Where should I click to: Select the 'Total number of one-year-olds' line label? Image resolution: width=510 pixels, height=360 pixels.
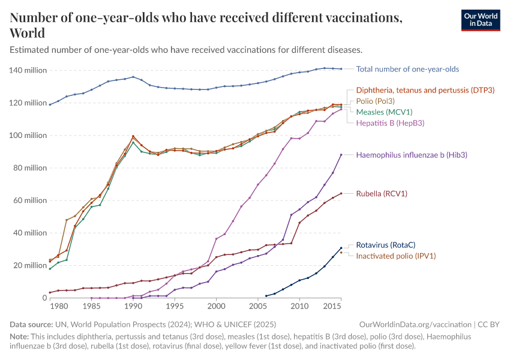tap(407, 69)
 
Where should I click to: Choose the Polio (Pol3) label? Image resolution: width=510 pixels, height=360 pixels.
tap(376, 101)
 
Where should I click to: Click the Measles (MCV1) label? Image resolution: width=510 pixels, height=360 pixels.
tap(384, 112)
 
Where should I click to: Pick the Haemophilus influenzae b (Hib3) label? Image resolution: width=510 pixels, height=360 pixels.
tap(412, 155)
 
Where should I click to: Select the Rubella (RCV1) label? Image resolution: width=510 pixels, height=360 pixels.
tap(382, 194)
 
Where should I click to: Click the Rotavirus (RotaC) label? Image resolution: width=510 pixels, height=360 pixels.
tap(386, 245)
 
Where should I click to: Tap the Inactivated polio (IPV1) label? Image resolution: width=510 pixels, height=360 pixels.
tap(395, 256)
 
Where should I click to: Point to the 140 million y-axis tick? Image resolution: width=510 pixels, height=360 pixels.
tap(28, 71)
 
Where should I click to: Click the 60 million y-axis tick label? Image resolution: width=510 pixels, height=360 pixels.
tap(30, 200)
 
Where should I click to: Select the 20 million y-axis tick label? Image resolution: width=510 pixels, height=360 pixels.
tap(30, 266)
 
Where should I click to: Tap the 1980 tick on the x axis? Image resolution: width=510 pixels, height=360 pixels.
tap(58, 307)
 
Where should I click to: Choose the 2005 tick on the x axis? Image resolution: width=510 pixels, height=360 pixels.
tap(257, 307)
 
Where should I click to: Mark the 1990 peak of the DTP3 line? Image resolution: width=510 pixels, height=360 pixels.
tap(133, 136)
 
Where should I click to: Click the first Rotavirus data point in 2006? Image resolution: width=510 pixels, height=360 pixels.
tap(266, 296)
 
